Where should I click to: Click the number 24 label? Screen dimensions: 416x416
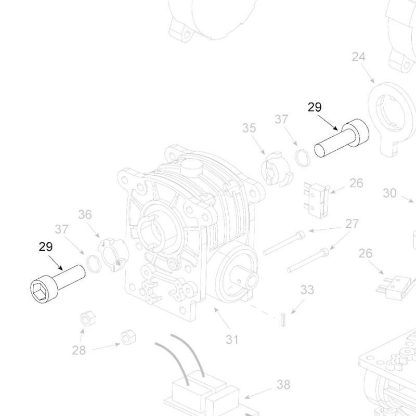[x=359, y=57]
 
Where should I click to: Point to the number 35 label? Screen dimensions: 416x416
[x=250, y=128]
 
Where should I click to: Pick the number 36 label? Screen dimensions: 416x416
[x=85, y=214]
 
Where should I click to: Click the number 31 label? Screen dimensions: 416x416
[x=232, y=340]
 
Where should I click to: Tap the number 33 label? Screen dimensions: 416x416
[x=307, y=290]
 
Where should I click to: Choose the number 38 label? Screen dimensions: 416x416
[x=283, y=385]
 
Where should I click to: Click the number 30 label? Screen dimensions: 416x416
[x=389, y=193]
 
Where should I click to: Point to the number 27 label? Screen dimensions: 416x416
[x=352, y=224]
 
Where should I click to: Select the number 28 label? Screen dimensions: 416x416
[x=79, y=350]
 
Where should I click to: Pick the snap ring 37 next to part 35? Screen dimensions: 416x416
[x=301, y=157]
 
